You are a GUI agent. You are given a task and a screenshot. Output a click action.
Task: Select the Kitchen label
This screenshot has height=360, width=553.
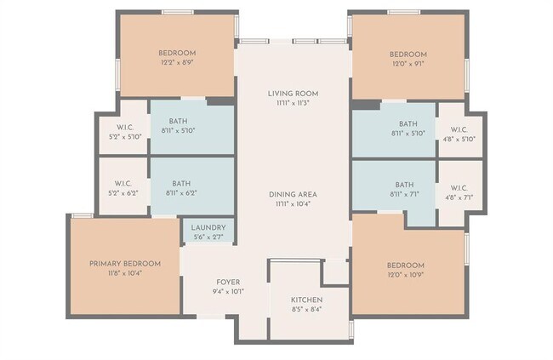[x=306, y=300]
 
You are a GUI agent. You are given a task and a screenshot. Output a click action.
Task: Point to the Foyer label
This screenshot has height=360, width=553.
[x=228, y=282]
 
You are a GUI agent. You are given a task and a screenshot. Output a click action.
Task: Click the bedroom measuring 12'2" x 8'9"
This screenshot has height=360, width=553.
[x=177, y=57]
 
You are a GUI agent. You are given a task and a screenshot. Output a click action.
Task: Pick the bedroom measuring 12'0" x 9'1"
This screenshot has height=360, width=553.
[x=408, y=57]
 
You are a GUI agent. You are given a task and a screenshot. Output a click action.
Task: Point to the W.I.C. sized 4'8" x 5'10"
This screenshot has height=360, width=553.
[x=459, y=134]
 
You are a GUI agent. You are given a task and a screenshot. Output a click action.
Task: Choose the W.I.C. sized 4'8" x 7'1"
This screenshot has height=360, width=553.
[x=459, y=192]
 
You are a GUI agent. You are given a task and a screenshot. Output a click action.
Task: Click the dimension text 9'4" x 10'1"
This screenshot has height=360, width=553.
[x=228, y=291]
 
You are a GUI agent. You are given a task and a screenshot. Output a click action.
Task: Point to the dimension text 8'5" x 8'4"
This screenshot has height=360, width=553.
[x=306, y=310]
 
